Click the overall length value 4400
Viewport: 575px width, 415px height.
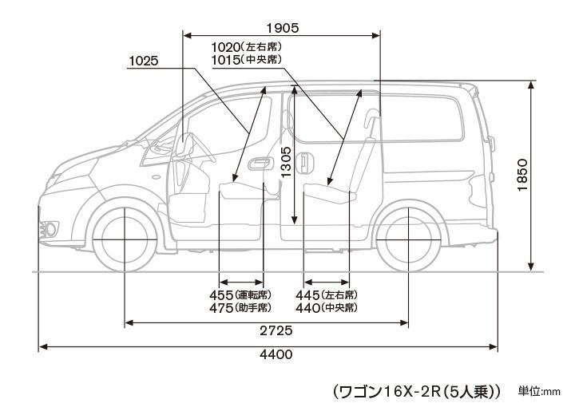pos(276,354)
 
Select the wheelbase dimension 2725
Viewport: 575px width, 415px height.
pos(276,330)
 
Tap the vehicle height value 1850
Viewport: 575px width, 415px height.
pos(522,175)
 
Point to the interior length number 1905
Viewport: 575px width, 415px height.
pos(283,28)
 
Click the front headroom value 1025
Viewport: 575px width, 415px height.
pos(144,61)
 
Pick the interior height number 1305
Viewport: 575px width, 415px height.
pos(286,162)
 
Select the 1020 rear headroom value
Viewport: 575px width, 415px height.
pos(226,47)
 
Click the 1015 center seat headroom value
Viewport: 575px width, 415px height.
pos(226,59)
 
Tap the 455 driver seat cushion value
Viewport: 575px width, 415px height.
pos(221,295)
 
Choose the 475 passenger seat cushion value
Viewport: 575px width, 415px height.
pos(221,308)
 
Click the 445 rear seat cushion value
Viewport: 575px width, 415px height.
pos(307,295)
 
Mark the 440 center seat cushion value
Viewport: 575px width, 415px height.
pos(307,308)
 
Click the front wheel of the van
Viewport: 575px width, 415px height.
pos(125,239)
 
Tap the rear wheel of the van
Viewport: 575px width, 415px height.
pos(409,239)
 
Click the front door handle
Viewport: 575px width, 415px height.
pos(260,164)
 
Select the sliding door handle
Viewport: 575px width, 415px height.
pos(305,163)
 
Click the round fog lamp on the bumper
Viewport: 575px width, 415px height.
pos(50,230)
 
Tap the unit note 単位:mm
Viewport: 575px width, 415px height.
pos(539,392)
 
